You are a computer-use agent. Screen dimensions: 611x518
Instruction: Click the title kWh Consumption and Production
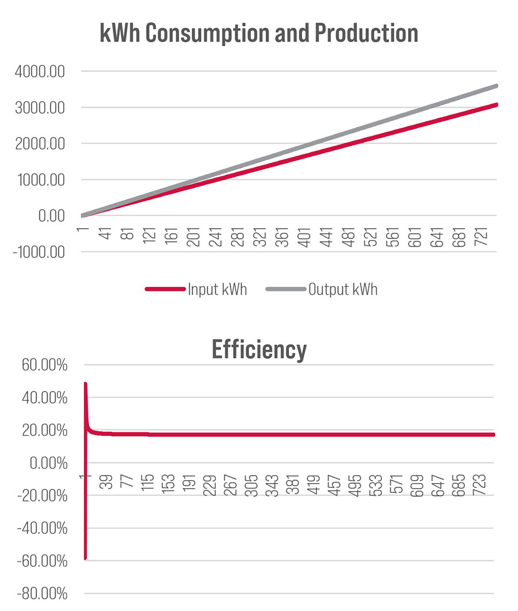coord(258,33)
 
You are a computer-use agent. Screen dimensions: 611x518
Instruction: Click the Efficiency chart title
coord(258,349)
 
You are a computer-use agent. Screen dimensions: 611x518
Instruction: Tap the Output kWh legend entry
coord(342,289)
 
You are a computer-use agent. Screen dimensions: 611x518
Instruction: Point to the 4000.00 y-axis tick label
coord(40,72)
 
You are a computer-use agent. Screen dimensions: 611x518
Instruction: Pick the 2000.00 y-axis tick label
coord(40,144)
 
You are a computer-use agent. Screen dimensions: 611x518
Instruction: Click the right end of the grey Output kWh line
coord(496,86)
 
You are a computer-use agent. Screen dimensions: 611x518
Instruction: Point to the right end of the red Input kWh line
coord(496,105)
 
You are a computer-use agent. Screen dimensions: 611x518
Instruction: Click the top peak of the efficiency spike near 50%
coord(85,384)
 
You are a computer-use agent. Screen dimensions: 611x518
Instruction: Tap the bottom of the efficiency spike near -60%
coord(85,558)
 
